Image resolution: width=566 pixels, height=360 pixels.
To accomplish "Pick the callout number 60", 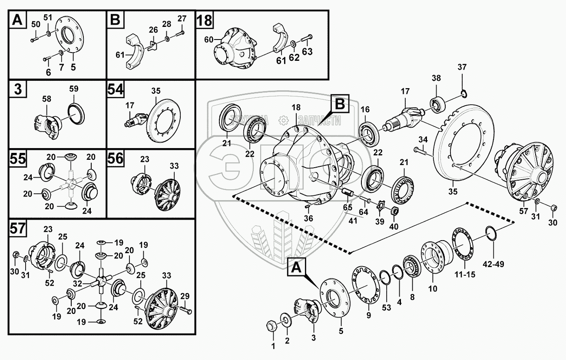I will pyautogui.click(x=209, y=40).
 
